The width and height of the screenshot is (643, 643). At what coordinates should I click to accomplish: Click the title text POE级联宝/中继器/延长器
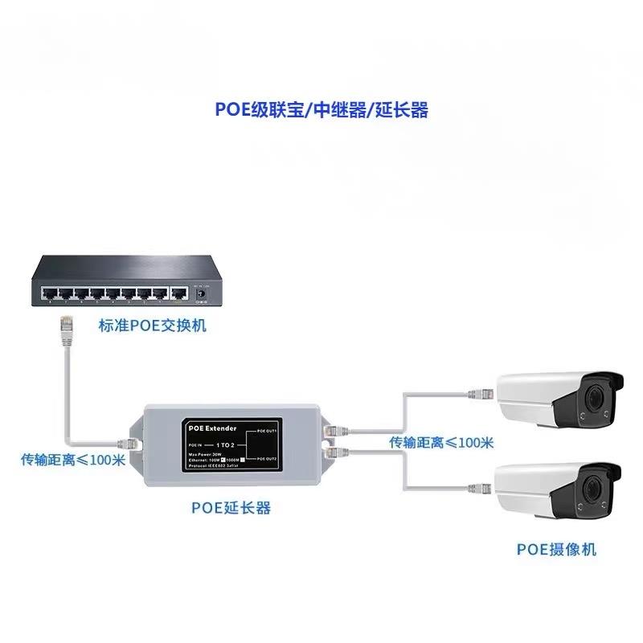point(321,110)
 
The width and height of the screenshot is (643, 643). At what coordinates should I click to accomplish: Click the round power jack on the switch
point(202,294)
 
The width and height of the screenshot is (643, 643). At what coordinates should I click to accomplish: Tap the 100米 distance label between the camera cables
point(441,442)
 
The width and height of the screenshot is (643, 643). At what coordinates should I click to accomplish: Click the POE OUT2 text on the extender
point(266,458)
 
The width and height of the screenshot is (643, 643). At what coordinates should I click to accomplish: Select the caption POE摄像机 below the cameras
point(556,550)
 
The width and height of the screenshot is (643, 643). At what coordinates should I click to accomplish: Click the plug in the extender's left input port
point(129,442)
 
